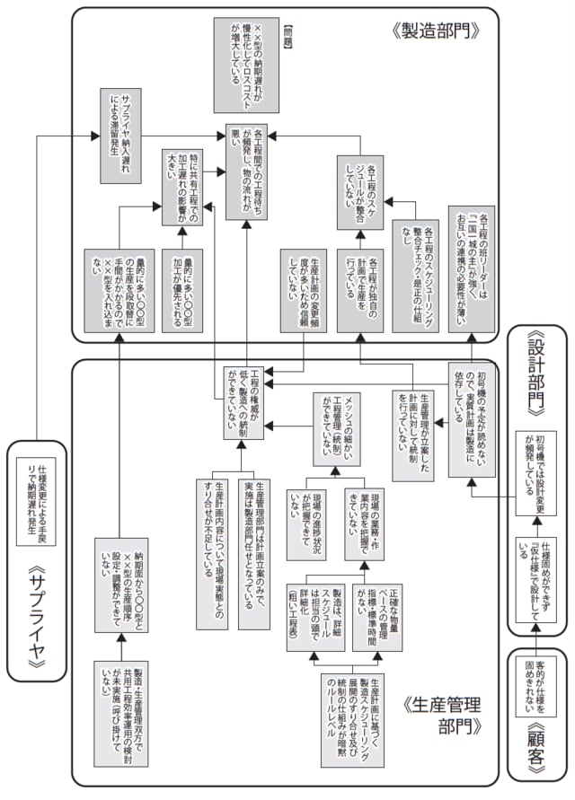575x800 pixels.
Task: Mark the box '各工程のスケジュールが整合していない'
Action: click(x=365, y=192)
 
